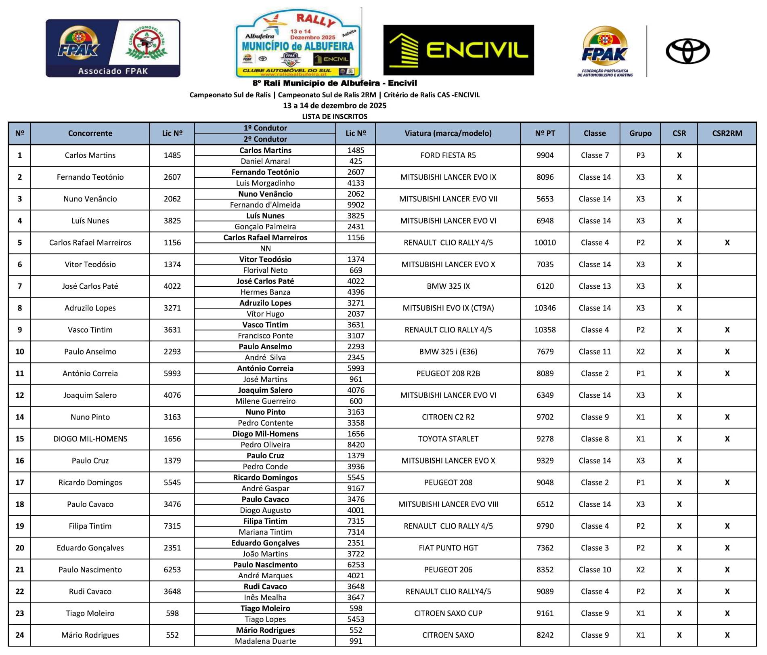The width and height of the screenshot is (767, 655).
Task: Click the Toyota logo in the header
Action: click(x=687, y=51)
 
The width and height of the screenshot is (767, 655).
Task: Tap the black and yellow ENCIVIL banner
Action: click(x=458, y=50)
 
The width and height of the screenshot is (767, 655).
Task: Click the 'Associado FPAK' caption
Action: click(x=113, y=71)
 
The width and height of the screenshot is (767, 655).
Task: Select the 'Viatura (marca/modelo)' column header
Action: click(x=448, y=133)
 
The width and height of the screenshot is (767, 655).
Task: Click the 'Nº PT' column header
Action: click(x=545, y=133)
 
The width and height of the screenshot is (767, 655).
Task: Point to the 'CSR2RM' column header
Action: click(x=727, y=133)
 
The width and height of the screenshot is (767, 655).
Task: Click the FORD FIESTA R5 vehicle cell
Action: click(x=448, y=155)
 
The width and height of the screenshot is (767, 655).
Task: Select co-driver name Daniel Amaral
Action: click(x=265, y=161)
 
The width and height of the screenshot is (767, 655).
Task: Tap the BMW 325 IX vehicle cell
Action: click(x=448, y=286)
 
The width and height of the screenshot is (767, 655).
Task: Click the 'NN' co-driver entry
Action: click(x=265, y=248)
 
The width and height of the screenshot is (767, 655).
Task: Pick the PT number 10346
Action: click(x=545, y=308)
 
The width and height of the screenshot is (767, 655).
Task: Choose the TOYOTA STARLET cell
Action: click(x=448, y=439)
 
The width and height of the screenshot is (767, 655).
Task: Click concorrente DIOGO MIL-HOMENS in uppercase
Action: click(x=90, y=439)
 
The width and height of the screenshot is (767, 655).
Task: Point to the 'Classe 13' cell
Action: click(x=595, y=286)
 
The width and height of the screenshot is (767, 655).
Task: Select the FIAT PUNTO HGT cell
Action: click(x=448, y=548)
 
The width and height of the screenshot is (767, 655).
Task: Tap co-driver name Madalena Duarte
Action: click(x=265, y=641)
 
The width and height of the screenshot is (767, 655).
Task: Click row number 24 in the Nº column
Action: click(x=20, y=635)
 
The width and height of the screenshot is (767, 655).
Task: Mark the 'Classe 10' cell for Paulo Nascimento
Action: click(x=595, y=570)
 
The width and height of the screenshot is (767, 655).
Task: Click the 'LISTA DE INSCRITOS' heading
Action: click(x=335, y=117)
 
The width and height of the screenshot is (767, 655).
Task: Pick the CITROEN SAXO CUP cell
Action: click(x=448, y=613)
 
